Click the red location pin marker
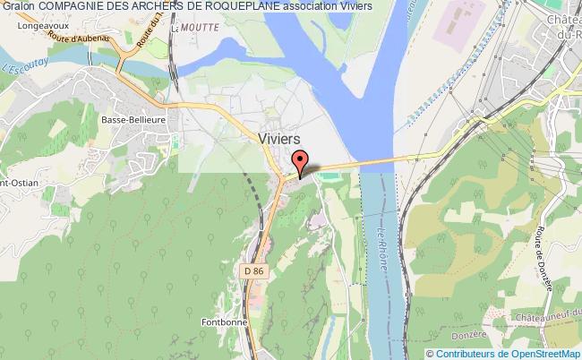coord(301,164)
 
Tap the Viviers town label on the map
coord(280,139)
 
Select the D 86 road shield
coord(253,268)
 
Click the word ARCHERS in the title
coord(173,7)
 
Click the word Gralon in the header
coord(17,7)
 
